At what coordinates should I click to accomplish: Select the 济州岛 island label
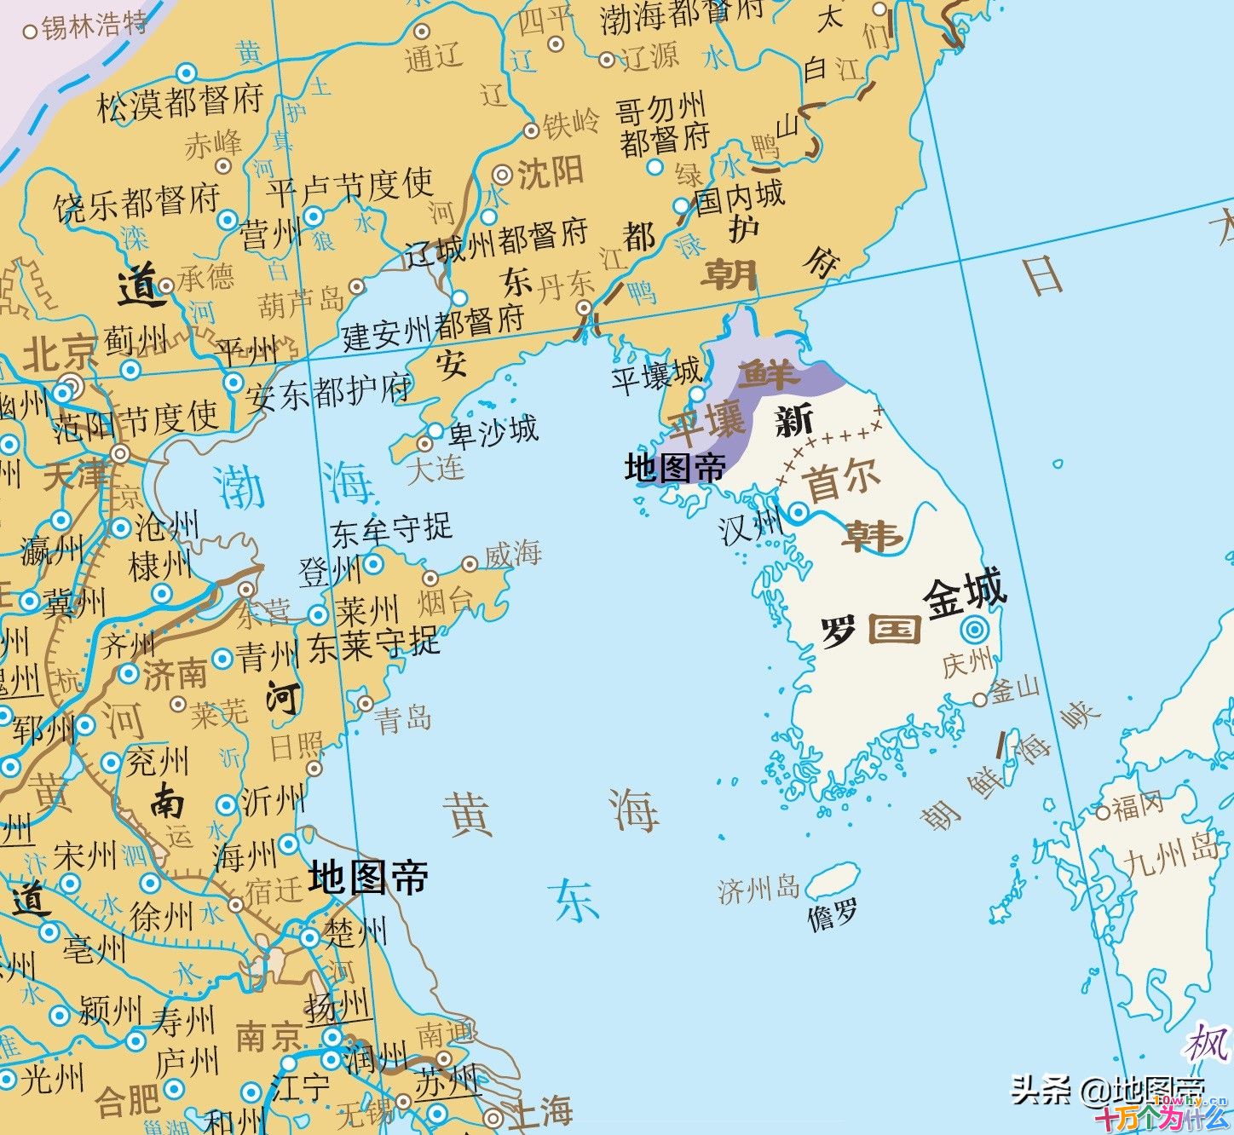(758, 890)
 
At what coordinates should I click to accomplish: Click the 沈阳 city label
(551, 173)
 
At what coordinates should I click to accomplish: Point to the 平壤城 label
(656, 375)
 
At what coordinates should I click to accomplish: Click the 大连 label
(435, 468)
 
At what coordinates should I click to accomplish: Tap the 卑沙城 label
(493, 431)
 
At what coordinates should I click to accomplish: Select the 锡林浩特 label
(94, 26)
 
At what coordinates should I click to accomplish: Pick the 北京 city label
(60, 353)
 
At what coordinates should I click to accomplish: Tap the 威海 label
(512, 555)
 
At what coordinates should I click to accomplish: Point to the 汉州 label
(750, 528)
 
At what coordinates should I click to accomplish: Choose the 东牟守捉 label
(390, 531)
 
